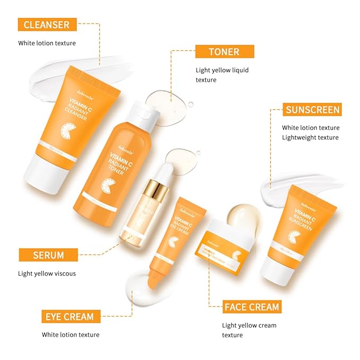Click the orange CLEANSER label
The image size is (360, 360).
(47, 24)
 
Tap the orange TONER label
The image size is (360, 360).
(224, 51)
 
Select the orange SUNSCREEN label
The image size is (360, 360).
(312, 110)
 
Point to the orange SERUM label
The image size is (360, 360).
(48, 255)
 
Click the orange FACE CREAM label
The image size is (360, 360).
(251, 306)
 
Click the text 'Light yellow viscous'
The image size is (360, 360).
(47, 274)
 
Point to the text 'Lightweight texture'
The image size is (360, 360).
(310, 137)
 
